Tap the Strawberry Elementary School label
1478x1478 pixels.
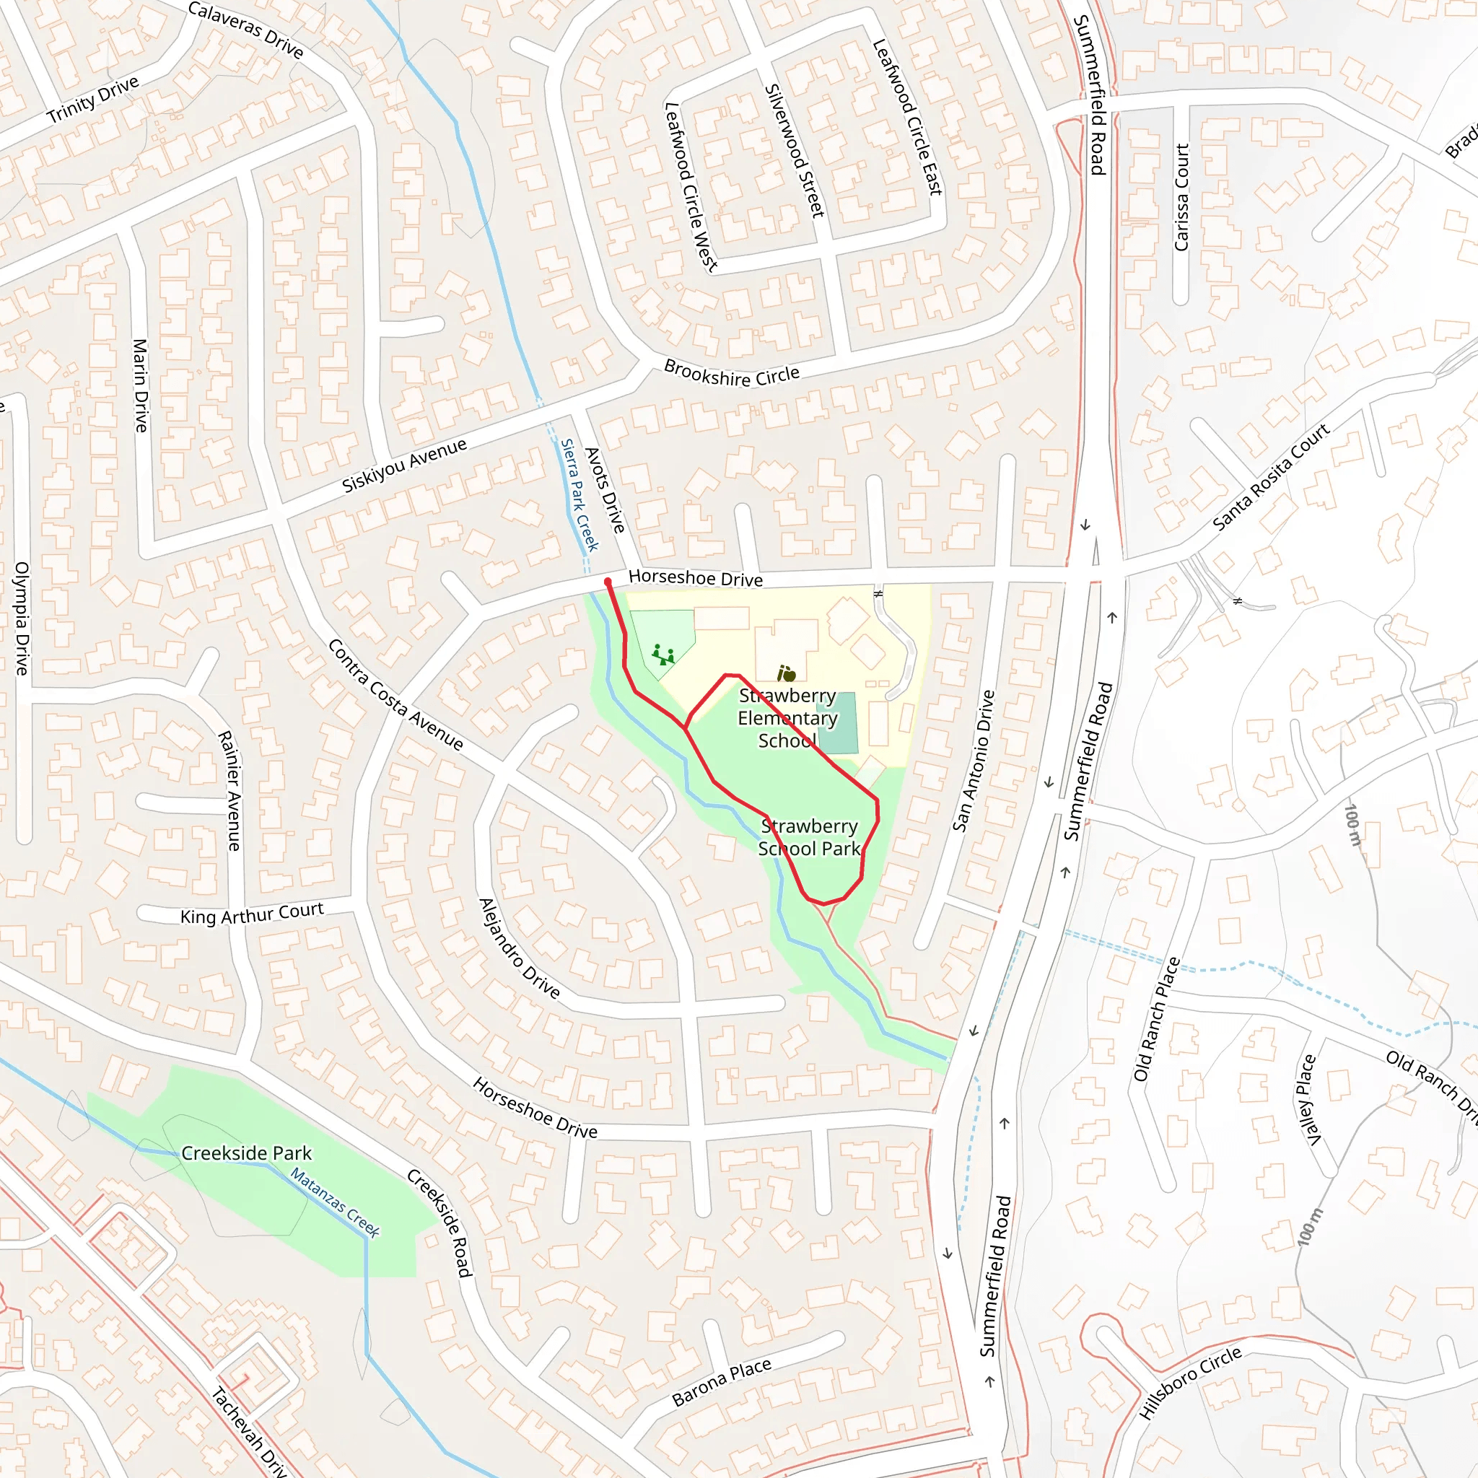tap(787, 718)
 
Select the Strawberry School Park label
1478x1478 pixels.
tap(810, 838)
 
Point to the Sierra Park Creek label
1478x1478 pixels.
tap(579, 495)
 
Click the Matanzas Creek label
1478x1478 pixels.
tap(335, 1202)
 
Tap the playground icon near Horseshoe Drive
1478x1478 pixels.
tap(663, 655)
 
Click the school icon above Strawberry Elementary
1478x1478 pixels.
tap(787, 674)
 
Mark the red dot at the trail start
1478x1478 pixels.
tap(608, 582)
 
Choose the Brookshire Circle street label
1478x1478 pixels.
tap(731, 373)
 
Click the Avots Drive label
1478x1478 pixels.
tap(605, 490)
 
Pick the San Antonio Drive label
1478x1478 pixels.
tap(974, 761)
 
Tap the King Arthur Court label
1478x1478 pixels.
tap(252, 914)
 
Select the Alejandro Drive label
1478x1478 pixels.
tap(520, 948)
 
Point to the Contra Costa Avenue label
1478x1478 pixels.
tap(395, 695)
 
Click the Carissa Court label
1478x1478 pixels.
tap(1182, 197)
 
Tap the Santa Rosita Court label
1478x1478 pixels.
tap(1272, 476)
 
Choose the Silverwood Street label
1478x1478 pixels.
tap(795, 151)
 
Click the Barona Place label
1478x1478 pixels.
tap(722, 1382)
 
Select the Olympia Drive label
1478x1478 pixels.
tap(22, 618)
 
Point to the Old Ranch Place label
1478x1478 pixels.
tap(1157, 1019)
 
